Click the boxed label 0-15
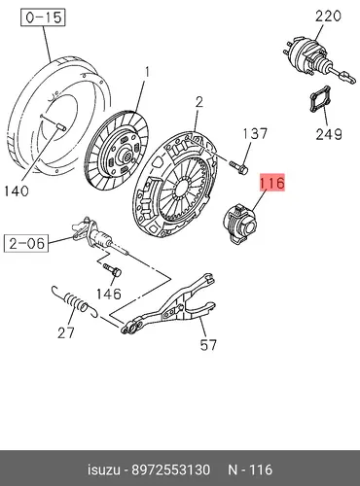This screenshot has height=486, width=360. pyautogui.click(x=43, y=17)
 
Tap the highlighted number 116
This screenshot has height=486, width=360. pyautogui.click(x=271, y=183)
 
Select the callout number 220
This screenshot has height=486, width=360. pyautogui.click(x=328, y=17)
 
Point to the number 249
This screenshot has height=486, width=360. pyautogui.click(x=329, y=134)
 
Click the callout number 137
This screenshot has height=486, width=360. pyautogui.click(x=255, y=133)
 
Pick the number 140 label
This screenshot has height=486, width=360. pyautogui.click(x=17, y=191)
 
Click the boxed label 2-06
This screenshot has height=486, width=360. pyautogui.click(x=26, y=243)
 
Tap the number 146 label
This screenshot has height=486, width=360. pyautogui.click(x=109, y=294)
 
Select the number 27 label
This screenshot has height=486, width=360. pyautogui.click(x=66, y=332)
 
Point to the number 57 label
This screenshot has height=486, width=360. pyautogui.click(x=208, y=345)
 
